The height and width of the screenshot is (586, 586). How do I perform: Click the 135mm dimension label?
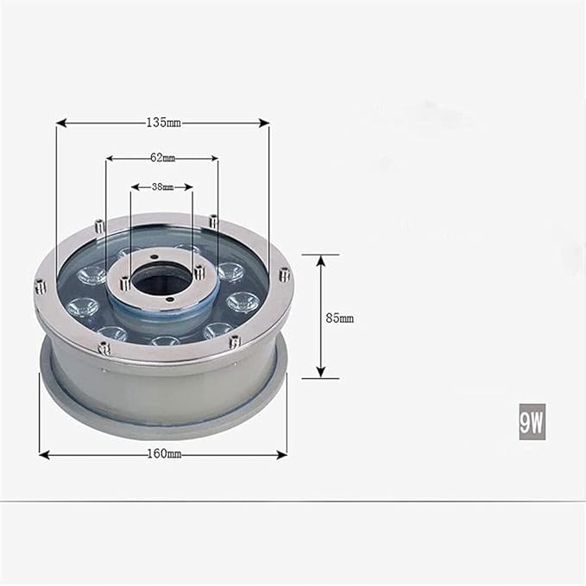[x=163, y=123]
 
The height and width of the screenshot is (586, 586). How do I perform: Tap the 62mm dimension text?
[x=162, y=158]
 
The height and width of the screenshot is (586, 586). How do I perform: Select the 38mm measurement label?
[x=162, y=187]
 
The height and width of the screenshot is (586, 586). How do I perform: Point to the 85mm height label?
[x=340, y=318]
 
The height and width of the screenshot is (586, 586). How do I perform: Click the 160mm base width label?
[x=165, y=454]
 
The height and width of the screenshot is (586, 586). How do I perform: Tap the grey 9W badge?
[x=532, y=422]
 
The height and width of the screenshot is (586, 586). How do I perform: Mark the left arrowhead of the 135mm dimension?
[x=61, y=123]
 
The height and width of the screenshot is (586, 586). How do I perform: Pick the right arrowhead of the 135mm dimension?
[x=264, y=123]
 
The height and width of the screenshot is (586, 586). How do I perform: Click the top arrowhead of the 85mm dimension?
[x=321, y=261]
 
